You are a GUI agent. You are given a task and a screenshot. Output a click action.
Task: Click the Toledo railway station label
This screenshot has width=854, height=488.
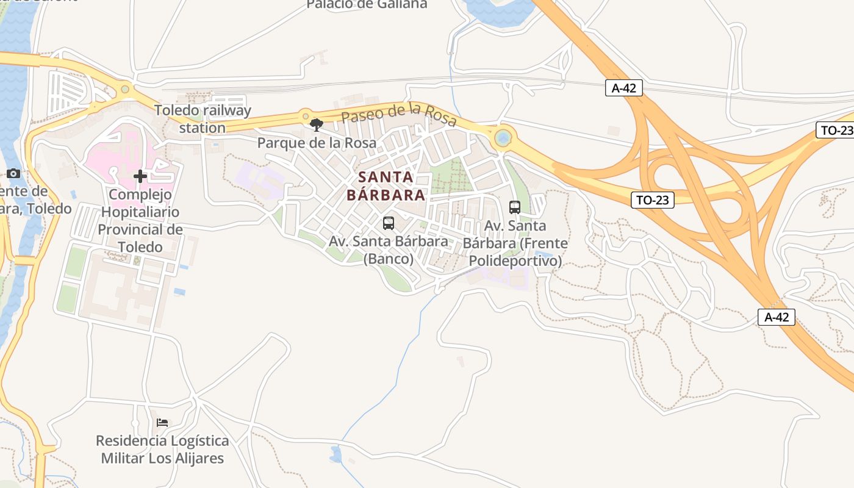203,119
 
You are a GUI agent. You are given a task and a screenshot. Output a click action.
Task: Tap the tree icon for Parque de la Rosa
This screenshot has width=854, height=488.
316,125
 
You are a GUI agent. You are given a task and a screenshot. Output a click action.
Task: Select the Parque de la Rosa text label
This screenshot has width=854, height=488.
317,143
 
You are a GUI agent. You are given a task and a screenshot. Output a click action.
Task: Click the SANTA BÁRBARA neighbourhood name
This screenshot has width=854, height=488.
386,186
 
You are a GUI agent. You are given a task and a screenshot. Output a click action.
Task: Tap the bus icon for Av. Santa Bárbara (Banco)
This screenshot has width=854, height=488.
389,223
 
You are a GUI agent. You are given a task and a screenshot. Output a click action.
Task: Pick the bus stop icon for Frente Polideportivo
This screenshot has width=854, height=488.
515,207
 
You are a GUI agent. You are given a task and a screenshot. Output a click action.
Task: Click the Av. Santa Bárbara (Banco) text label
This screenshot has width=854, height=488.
389,249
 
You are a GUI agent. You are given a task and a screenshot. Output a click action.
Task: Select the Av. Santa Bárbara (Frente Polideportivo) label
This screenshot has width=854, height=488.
515,243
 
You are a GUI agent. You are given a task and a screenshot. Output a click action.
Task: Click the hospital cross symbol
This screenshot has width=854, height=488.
140,177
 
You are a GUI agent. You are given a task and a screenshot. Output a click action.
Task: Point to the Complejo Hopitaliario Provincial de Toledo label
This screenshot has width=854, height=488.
140,220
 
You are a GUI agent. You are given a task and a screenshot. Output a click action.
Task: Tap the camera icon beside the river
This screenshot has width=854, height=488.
13,174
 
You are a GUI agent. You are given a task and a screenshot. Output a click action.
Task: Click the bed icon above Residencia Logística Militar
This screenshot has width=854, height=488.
162,422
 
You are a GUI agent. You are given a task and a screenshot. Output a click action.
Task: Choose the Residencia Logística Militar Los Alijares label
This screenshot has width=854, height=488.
162,450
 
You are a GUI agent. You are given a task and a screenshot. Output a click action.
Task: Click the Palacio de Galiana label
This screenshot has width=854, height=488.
367,5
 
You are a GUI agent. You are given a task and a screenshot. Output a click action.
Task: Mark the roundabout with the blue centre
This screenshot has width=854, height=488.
503,138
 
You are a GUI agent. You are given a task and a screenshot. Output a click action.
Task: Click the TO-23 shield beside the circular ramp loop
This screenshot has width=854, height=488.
652,199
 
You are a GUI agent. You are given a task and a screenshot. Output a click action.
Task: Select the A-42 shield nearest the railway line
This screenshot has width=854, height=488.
624,88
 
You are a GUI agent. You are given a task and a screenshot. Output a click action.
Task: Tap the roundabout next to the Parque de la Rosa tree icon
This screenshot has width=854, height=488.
304,115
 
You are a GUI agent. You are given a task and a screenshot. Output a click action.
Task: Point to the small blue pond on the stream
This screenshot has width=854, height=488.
335,454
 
